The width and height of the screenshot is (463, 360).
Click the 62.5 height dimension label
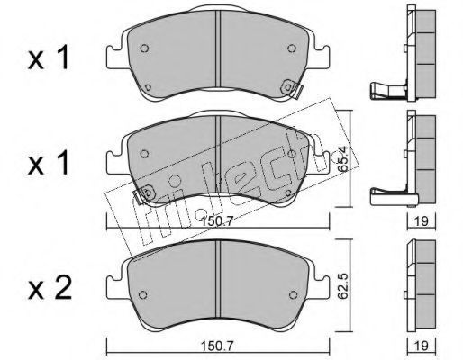342,286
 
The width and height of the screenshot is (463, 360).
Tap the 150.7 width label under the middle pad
217,222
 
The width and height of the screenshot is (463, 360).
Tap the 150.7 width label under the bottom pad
217,346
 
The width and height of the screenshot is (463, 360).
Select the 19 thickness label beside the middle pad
422,221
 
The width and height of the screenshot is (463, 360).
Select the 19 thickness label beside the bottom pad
422,346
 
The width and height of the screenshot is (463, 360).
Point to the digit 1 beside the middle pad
64,164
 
